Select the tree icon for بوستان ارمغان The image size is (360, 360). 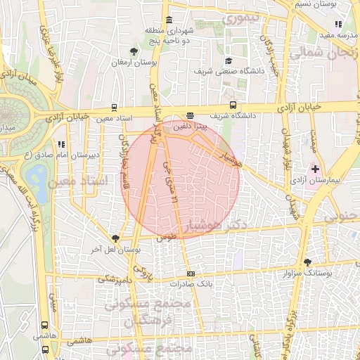[x=134, y=51]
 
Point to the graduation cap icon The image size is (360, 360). [x=229, y=60]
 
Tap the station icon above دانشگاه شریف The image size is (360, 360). [x=190, y=115]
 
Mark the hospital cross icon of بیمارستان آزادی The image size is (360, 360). [x=315, y=169]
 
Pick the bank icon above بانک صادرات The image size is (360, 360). [x=189, y=274]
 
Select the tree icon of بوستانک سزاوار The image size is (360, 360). [x=307, y=262]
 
